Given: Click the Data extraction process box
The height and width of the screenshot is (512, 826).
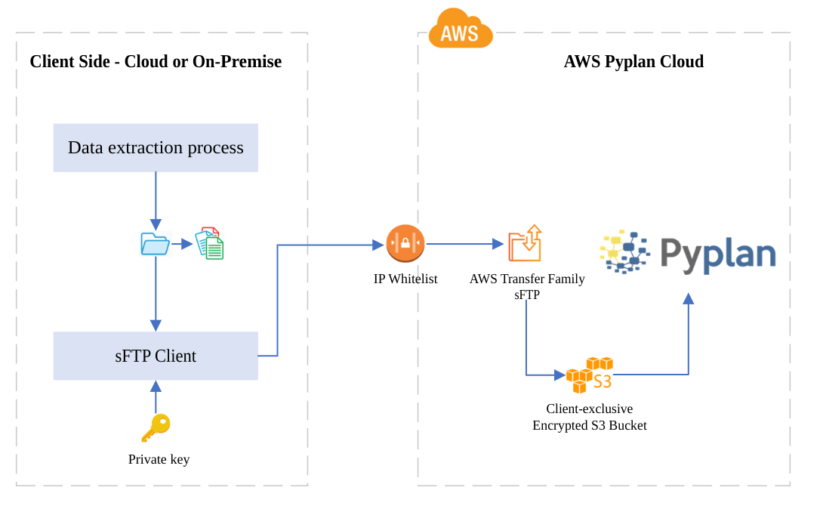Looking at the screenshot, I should coord(156,148).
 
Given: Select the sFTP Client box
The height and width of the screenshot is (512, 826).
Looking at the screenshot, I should coord(156,356).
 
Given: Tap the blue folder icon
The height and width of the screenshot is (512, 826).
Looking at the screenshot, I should coord(156,244).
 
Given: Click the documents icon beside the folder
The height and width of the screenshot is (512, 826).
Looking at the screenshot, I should coord(210,244).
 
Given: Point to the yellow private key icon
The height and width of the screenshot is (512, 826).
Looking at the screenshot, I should coord(156,427).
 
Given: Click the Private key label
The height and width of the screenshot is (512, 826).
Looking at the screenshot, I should coord(159,459).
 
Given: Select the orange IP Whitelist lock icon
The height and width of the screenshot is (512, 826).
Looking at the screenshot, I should coord(405,243).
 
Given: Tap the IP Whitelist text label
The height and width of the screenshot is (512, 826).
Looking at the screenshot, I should coord(405,279).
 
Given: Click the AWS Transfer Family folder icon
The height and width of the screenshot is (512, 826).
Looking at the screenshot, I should coord(525,243).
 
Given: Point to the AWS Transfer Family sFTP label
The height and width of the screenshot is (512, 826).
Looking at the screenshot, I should coord(527,286).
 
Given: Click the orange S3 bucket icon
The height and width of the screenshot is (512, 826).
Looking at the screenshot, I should coord(588,375).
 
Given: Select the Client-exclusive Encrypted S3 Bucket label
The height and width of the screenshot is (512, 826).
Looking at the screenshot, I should coord(590,417).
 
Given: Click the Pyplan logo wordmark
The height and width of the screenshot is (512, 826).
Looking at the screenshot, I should coord(717,254).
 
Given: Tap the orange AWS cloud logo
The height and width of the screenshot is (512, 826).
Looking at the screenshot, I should coord(460,30).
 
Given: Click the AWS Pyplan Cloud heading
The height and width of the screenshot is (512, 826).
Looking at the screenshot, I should coord(633,61).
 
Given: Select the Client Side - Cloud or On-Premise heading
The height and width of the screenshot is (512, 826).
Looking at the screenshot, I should coord(156,61).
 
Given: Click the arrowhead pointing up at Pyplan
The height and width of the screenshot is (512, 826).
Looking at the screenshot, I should coord(688,299).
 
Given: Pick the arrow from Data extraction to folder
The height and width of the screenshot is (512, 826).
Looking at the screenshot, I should coord(156,200).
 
